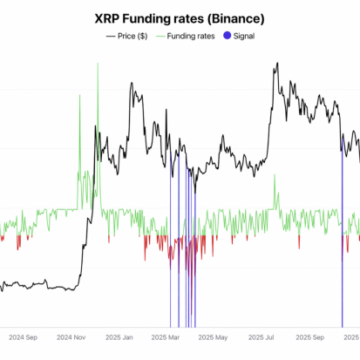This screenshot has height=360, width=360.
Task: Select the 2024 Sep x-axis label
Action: pos(22,336)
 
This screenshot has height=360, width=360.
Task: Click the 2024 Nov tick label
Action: pos(71,336)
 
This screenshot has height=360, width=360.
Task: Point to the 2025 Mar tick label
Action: pos(164,336)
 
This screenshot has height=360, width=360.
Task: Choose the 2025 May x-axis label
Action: pos(213,336)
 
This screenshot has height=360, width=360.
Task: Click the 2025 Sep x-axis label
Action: pos(309,336)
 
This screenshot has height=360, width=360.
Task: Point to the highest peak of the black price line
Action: pos(275,64)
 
